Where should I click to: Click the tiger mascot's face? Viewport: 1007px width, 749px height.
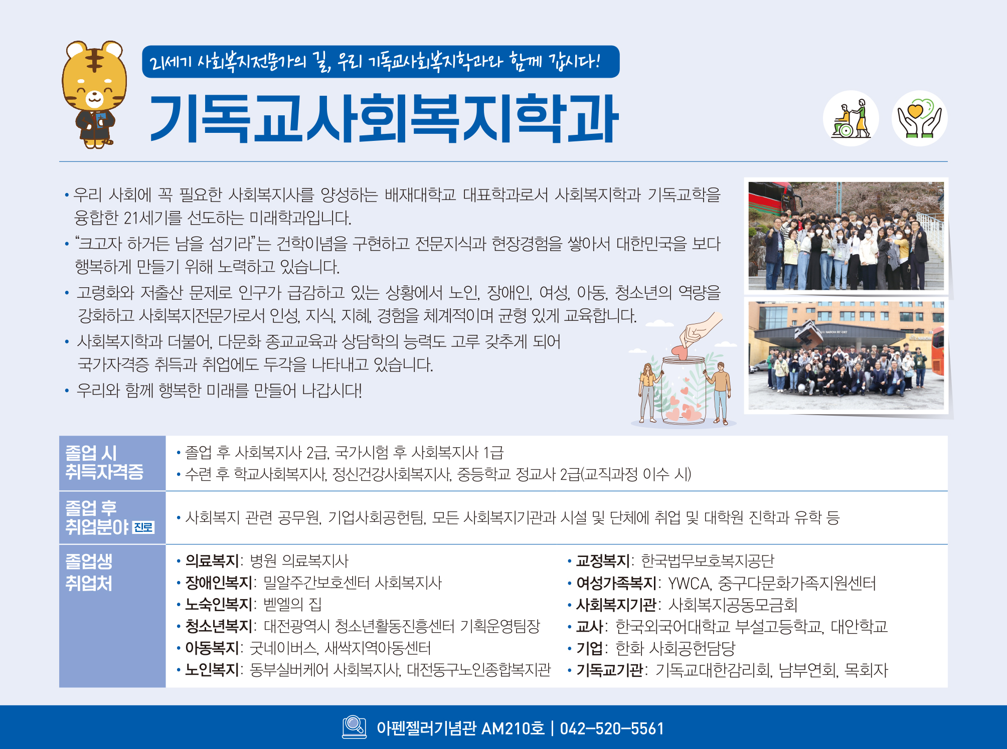click(x=94, y=80)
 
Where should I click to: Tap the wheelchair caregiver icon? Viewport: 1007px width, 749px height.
click(x=851, y=118)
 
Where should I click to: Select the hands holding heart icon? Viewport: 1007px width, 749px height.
click(x=919, y=118)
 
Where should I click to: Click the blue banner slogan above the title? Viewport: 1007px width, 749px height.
click(x=381, y=62)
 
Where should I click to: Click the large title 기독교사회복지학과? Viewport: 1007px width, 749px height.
click(x=384, y=118)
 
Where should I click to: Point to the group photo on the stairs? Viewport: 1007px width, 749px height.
click(x=846, y=236)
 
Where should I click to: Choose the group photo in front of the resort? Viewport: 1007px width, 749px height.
click(x=846, y=355)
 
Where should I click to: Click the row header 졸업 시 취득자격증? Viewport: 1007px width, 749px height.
click(x=104, y=462)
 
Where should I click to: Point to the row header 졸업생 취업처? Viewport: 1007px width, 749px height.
click(x=89, y=572)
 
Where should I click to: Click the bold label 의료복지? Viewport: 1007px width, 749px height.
click(x=212, y=560)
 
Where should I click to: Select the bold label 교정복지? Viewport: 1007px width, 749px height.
click(x=602, y=560)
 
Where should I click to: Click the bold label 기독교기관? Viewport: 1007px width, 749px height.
click(x=609, y=670)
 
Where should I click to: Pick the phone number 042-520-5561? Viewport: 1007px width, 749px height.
click(x=612, y=728)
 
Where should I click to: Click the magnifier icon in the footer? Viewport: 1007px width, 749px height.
click(x=355, y=726)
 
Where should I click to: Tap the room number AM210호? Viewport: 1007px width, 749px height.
click(x=513, y=728)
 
